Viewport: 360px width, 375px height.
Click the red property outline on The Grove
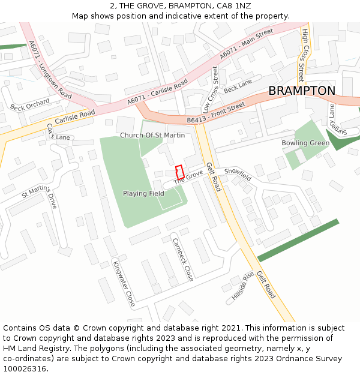(x=179, y=172)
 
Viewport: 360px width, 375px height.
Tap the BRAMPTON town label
(x=302, y=91)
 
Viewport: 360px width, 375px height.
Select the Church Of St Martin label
(x=152, y=136)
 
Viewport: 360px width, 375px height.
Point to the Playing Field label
(x=143, y=194)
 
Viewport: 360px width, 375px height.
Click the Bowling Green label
(x=305, y=143)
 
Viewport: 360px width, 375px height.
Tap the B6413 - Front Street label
(x=216, y=113)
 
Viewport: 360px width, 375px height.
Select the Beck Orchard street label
(x=30, y=105)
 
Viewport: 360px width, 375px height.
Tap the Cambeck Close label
(x=183, y=259)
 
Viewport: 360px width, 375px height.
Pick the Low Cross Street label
(x=211, y=91)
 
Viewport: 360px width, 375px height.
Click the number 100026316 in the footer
(x=25, y=369)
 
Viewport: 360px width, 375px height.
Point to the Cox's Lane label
(x=58, y=132)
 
